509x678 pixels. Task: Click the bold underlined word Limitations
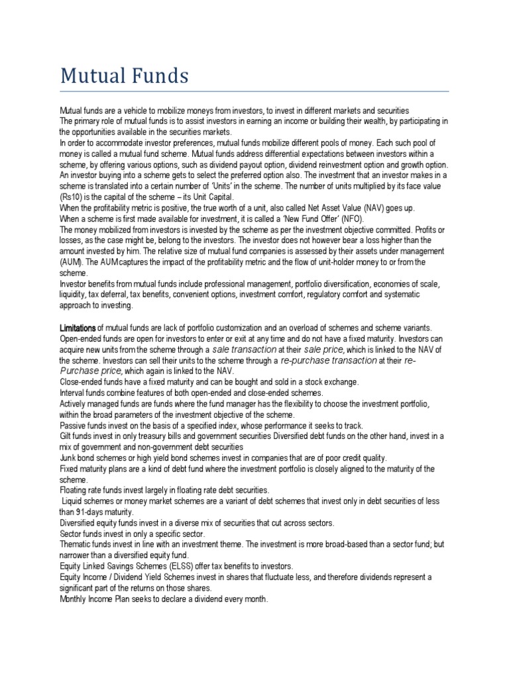point(78,328)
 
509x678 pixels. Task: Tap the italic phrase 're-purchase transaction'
point(328,361)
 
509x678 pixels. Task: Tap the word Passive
point(74,425)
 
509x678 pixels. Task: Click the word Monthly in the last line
point(75,598)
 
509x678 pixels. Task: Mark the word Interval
point(74,393)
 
